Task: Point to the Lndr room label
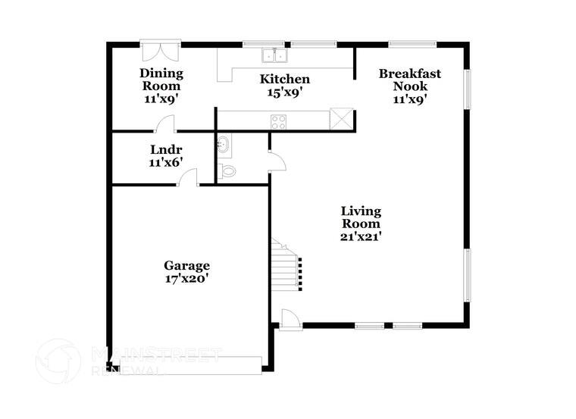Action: point(166,149)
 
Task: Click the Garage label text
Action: point(186,265)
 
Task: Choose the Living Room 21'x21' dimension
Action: point(360,236)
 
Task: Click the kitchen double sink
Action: point(274,55)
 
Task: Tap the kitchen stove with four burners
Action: point(278,121)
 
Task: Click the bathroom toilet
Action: point(227,171)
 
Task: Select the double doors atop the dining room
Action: point(161,52)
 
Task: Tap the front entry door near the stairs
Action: point(289,320)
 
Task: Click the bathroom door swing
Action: point(277,160)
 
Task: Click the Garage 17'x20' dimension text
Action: point(186,278)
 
